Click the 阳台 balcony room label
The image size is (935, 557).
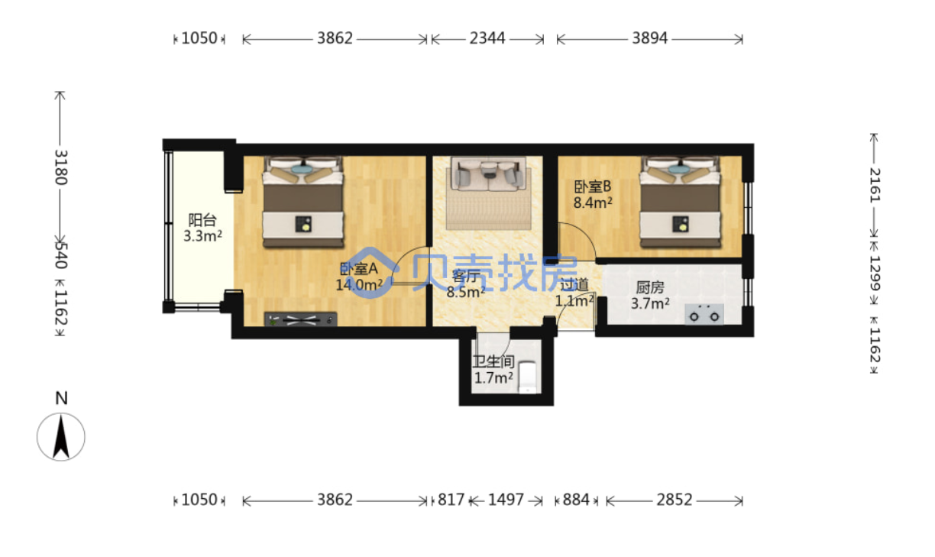click(x=202, y=219)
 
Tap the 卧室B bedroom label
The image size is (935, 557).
click(x=592, y=186)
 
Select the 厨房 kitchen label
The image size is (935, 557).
click(x=650, y=288)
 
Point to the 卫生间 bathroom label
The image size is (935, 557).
click(x=493, y=361)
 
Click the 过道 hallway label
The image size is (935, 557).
click(x=574, y=284)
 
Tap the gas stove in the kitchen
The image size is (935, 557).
click(x=704, y=314)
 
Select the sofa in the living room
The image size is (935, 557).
click(x=488, y=173)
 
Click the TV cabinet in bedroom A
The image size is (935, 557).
click(x=300, y=319)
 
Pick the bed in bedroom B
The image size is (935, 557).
click(x=681, y=202)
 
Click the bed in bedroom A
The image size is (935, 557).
click(x=303, y=202)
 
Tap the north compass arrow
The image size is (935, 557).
click(x=61, y=437)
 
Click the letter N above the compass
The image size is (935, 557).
click(x=61, y=398)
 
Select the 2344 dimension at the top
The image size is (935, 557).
click(x=487, y=38)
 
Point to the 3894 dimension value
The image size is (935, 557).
click(x=649, y=38)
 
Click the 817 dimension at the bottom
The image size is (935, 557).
click(x=451, y=500)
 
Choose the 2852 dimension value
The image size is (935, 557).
click(x=674, y=500)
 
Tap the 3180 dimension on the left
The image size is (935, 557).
click(x=61, y=167)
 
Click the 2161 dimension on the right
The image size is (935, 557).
click(x=874, y=186)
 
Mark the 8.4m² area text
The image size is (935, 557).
click(x=593, y=203)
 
